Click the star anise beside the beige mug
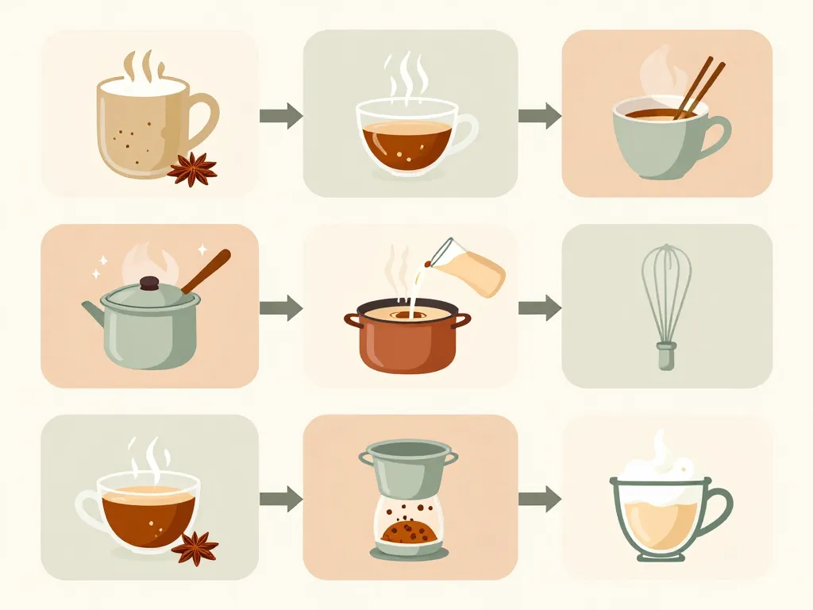coord(192,168)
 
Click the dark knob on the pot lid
coord(148,283)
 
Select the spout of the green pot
coord(92,311)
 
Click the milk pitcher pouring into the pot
coord(468,265)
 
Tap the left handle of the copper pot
coord(352,320)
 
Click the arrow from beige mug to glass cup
coord(281,116)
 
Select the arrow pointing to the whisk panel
coord(540,307)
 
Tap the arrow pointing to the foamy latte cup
coord(540,499)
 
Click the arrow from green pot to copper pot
coord(281,307)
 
